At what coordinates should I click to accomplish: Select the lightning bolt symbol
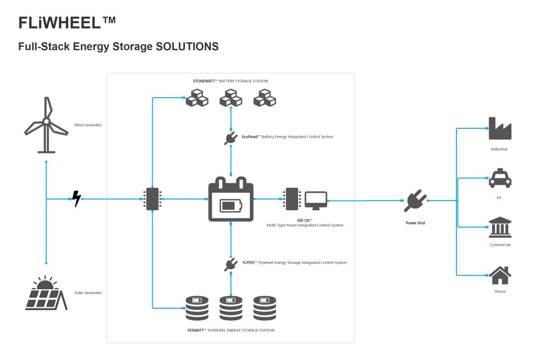[77, 199]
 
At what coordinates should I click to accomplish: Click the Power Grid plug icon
[415, 201]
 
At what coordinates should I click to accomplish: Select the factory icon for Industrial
[499, 129]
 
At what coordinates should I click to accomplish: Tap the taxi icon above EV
[499, 178]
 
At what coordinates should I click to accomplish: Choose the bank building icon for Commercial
[499, 227]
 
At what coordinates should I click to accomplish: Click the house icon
[499, 275]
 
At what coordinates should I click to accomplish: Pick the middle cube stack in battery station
[231, 98]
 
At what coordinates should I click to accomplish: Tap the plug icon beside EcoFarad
[231, 138]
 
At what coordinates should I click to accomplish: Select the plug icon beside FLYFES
[231, 263]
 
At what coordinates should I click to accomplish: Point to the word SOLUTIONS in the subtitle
[187, 46]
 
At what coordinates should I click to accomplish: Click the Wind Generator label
[88, 125]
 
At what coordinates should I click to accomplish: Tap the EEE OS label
[305, 219]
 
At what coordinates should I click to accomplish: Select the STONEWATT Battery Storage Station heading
[230, 81]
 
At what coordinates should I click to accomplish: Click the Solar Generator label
[88, 292]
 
